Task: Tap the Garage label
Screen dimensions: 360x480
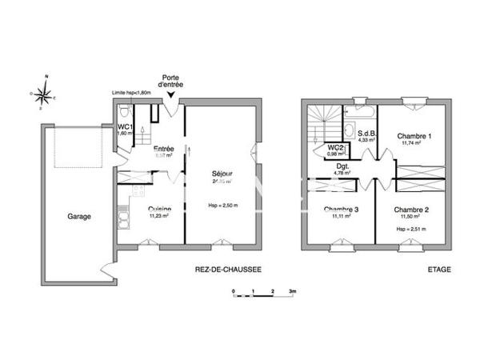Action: tap(78, 216)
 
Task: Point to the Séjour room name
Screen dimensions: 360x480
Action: tap(222, 174)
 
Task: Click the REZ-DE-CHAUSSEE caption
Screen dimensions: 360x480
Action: tap(228, 270)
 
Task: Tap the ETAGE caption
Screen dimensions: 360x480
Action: tap(439, 270)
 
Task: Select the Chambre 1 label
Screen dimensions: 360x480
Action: tap(415, 136)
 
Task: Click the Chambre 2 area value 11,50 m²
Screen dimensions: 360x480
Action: tap(410, 218)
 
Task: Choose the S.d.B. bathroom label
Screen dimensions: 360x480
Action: tap(367, 134)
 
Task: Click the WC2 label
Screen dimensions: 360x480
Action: tap(336, 147)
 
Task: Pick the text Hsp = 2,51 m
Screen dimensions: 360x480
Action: tap(410, 230)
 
